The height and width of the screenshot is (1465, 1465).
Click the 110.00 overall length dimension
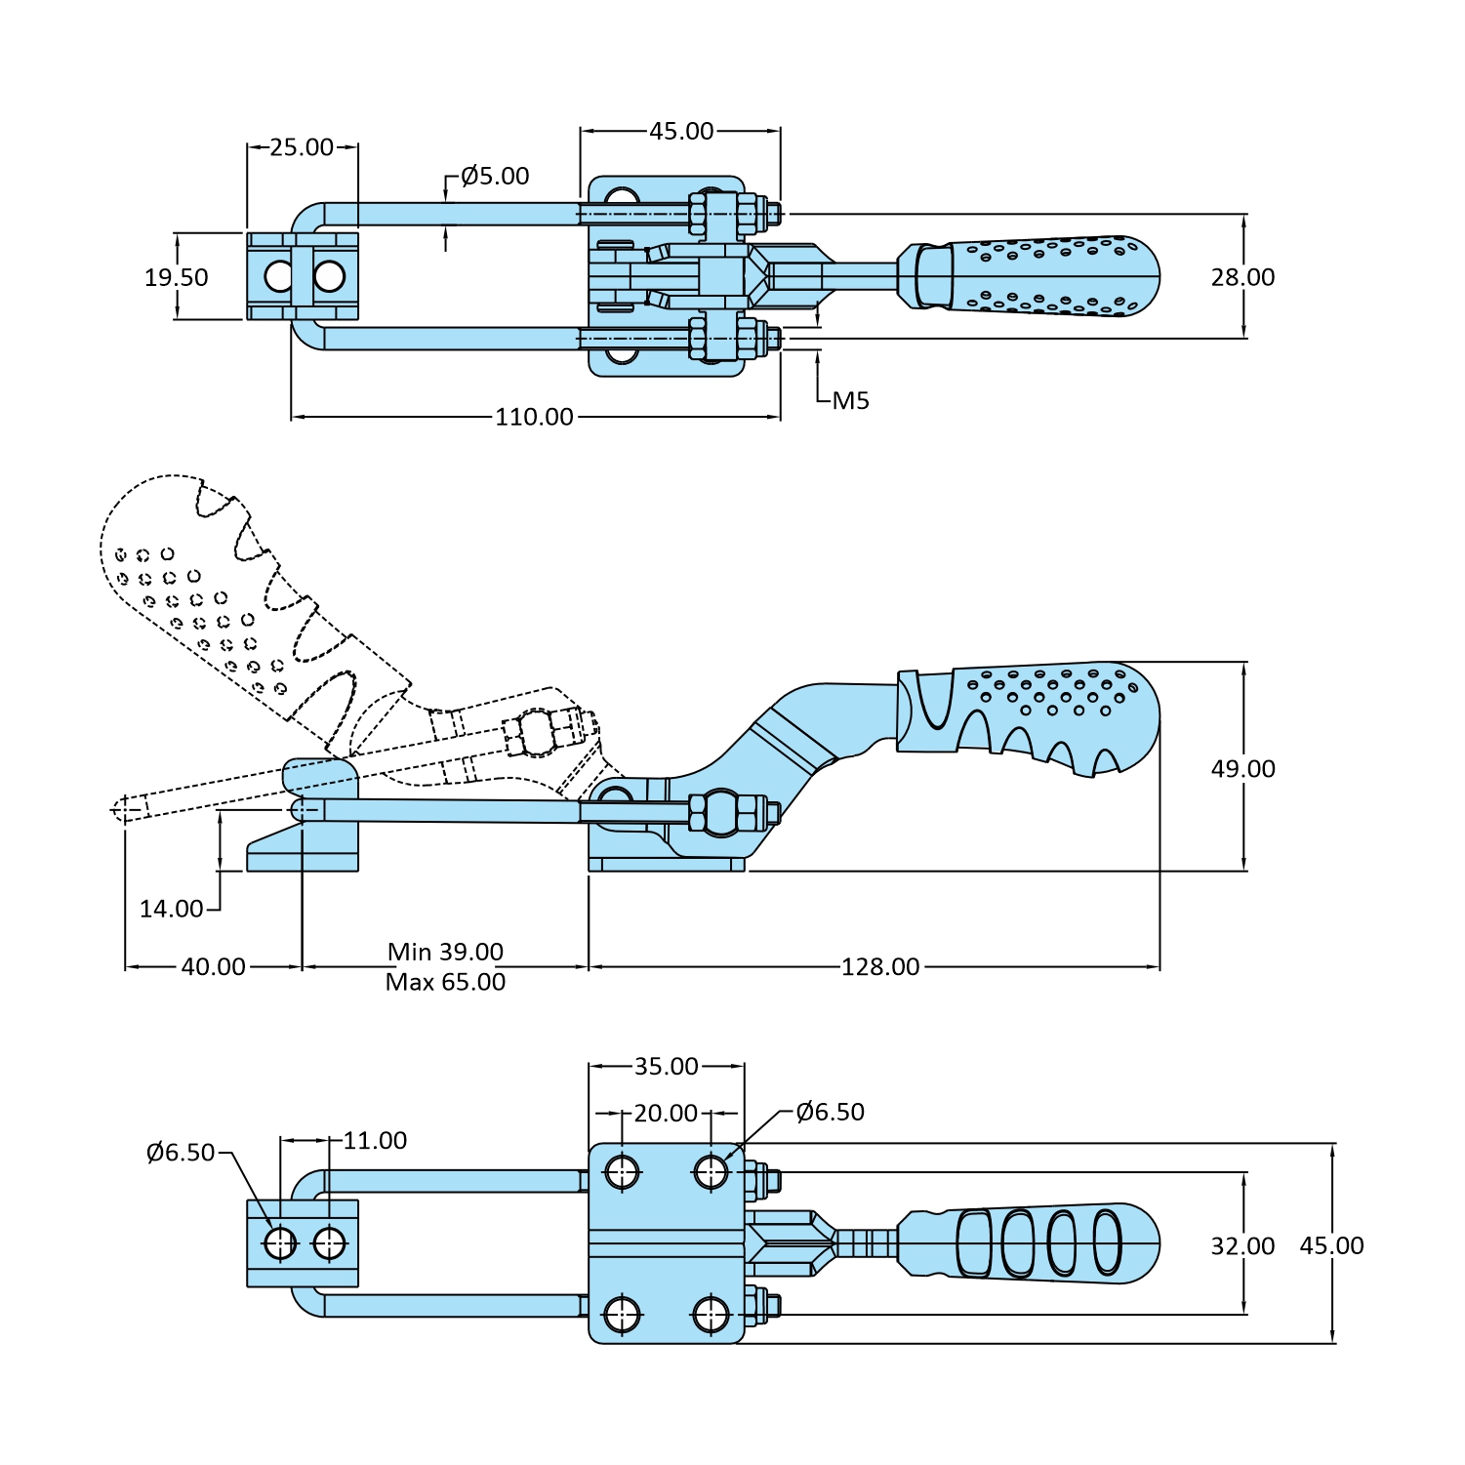[x=534, y=417]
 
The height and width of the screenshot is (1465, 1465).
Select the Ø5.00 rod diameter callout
[x=495, y=176]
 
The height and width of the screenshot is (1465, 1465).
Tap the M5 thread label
[x=850, y=400]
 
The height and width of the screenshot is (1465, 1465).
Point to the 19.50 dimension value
[x=177, y=277]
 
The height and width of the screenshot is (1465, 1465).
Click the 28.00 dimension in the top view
[x=1242, y=277]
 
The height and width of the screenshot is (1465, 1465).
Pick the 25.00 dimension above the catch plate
[x=302, y=147]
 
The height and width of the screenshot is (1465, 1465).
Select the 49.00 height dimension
[x=1242, y=769]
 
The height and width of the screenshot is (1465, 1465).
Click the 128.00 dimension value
[x=880, y=966]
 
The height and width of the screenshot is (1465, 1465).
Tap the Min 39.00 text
[x=445, y=952]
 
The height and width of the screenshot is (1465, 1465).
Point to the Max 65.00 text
[x=445, y=982]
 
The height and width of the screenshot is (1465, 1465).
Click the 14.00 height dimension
[x=172, y=909]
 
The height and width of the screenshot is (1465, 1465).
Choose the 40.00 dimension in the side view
[x=213, y=966]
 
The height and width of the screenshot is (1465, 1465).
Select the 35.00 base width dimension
[x=667, y=1067]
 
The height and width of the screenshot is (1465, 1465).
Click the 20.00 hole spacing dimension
[x=666, y=1113]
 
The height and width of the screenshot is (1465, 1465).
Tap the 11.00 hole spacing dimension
[x=375, y=1140]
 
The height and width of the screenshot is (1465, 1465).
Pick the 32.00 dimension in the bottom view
[x=1242, y=1246]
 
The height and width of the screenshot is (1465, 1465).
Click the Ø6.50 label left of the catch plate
[x=181, y=1153]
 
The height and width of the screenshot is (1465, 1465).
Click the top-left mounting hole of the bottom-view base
[x=622, y=1171]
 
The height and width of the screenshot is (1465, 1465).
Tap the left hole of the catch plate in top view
[x=279, y=277]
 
